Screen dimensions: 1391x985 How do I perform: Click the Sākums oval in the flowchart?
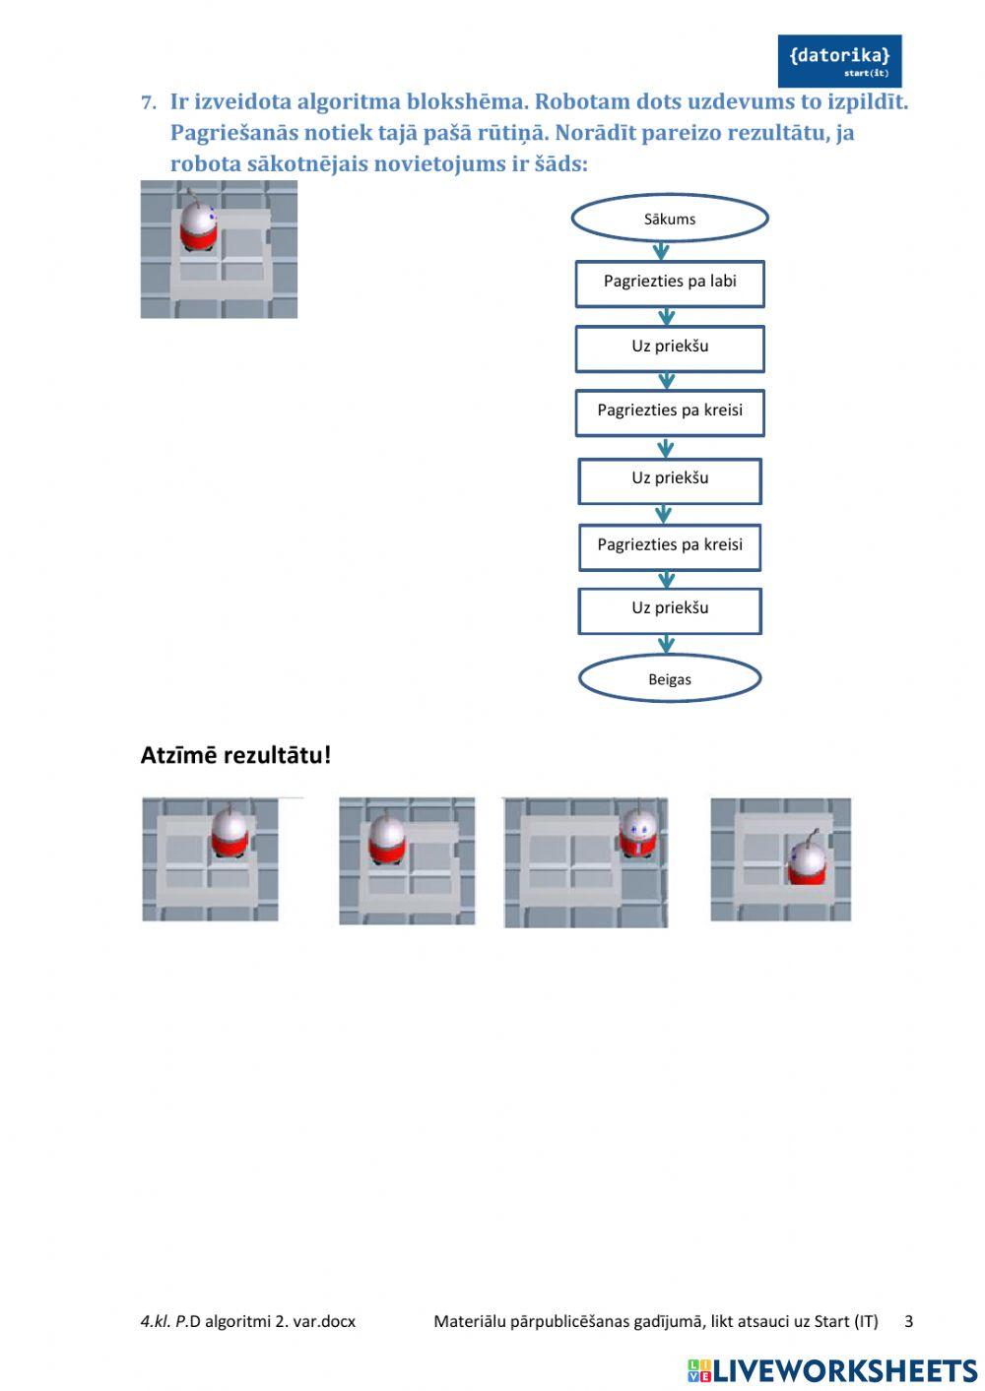[669, 219]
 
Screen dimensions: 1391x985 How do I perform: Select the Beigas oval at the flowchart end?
[669, 679]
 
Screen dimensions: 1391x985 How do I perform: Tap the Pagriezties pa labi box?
[670, 283]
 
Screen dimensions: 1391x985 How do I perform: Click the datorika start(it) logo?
[839, 61]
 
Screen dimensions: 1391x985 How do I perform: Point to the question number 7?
[148, 102]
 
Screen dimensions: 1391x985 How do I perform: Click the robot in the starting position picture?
[198, 226]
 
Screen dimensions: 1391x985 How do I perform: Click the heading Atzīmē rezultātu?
[235, 756]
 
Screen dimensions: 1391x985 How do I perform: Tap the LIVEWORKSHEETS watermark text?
[845, 1370]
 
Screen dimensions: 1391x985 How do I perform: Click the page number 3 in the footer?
[908, 1321]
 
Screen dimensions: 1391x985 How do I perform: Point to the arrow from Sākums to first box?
[662, 251]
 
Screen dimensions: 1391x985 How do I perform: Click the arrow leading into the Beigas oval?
[667, 645]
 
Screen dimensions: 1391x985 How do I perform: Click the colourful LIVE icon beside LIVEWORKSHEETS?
[699, 1370]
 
